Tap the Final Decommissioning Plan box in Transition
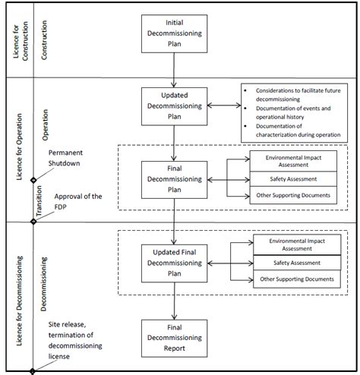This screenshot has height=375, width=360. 175,179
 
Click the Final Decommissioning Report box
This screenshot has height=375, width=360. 175,339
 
